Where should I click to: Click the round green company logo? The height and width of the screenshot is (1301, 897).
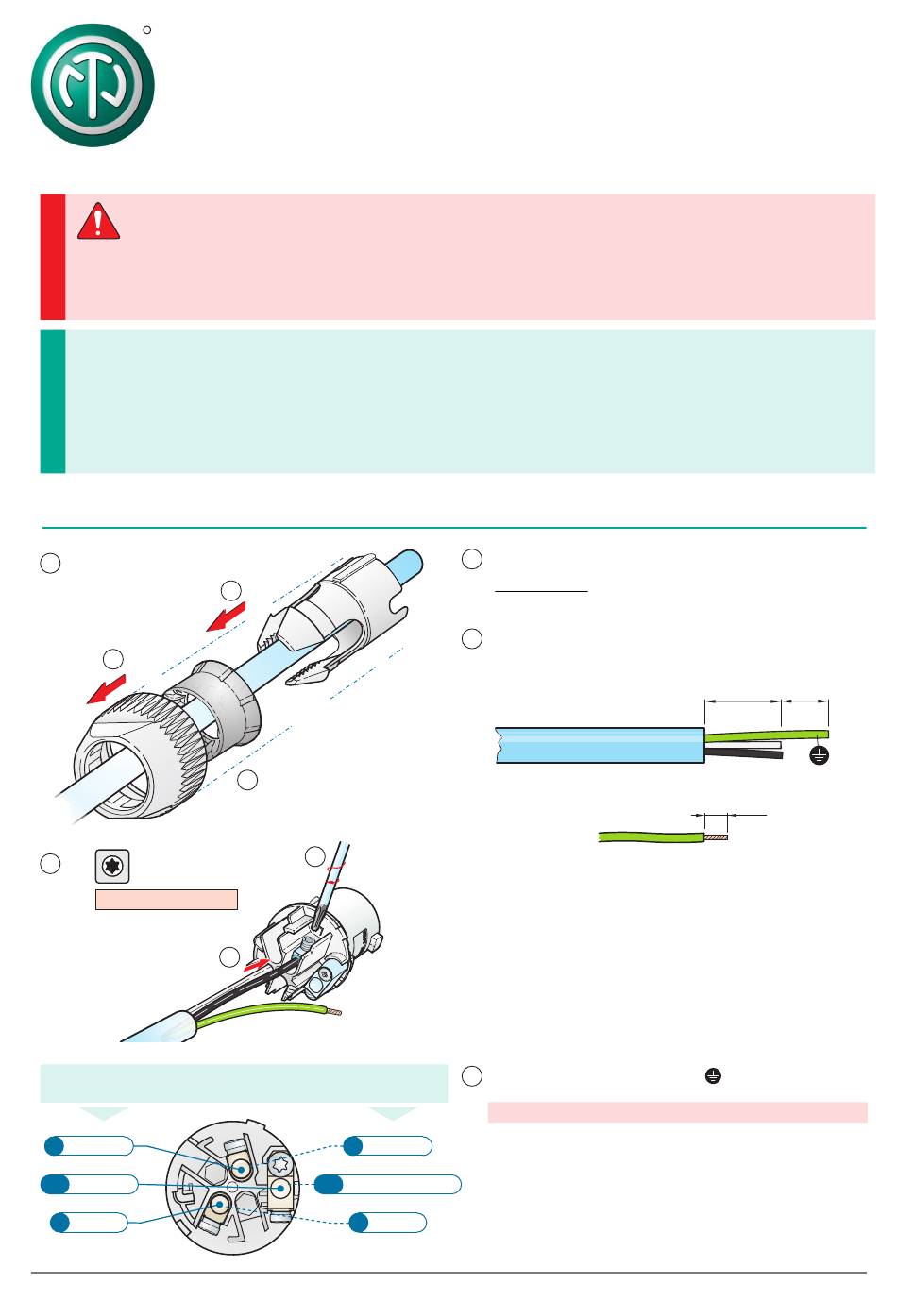tap(93, 85)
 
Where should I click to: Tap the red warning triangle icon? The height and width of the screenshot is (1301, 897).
tap(98, 222)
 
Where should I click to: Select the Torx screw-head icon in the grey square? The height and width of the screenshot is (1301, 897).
tap(112, 866)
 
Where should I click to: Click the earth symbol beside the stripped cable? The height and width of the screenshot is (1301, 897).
tap(819, 754)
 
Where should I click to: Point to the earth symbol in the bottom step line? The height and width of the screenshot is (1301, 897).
tap(713, 1076)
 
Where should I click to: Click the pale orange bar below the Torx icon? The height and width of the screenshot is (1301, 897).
tap(166, 899)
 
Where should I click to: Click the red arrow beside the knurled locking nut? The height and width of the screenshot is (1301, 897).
tap(106, 690)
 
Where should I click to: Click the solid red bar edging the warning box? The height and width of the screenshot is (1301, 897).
tap(53, 257)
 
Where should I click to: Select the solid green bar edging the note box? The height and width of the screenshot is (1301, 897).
tap(53, 401)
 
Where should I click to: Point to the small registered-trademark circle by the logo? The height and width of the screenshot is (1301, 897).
tap(147, 31)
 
